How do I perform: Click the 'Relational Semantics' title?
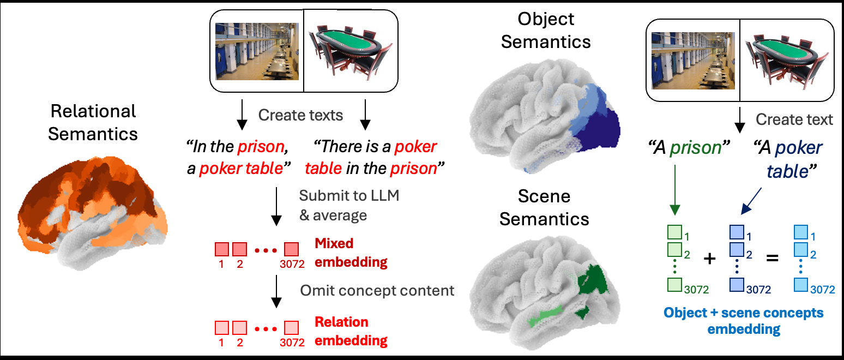pos(93,122)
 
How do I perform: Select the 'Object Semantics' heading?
pos(545,30)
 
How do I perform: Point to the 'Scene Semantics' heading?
pos(544,207)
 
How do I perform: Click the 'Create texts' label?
pos(300,115)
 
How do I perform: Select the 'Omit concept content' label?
pos(377,290)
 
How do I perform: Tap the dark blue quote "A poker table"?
pos(787,159)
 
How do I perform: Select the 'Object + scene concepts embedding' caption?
pos(743,321)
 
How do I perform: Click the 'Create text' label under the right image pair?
pos(794,119)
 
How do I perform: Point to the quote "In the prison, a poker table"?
pos(238,158)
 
